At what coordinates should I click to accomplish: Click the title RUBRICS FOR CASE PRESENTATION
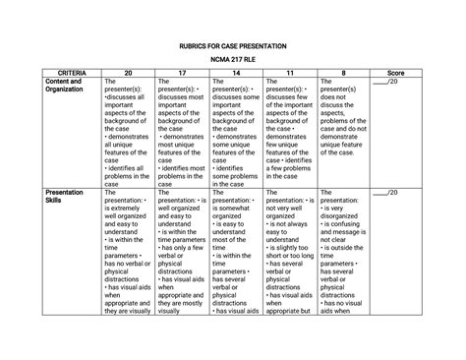233,47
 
